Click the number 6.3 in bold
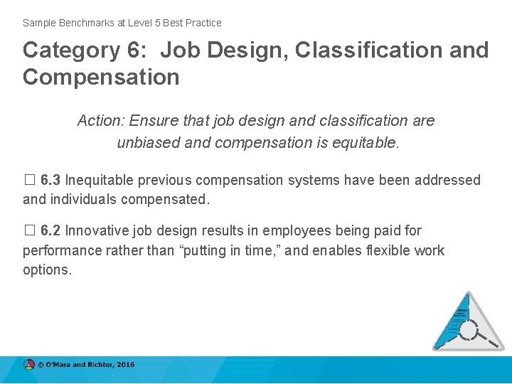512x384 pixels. tap(50, 181)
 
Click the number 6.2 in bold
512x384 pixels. tap(50, 231)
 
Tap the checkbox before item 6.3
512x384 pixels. tap(28, 181)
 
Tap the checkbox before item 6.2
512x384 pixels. tap(28, 231)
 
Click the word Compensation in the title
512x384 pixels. tap(101, 77)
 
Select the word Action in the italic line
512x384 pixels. tap(100, 121)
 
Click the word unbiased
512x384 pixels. tap(149, 142)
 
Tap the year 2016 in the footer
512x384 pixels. tap(125, 365)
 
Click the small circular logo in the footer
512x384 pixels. tap(29, 365)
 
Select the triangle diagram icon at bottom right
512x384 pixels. tap(468, 322)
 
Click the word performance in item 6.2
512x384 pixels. tap(65, 250)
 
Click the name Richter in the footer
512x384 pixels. tap(98, 365)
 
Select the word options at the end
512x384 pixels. tap(47, 270)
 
